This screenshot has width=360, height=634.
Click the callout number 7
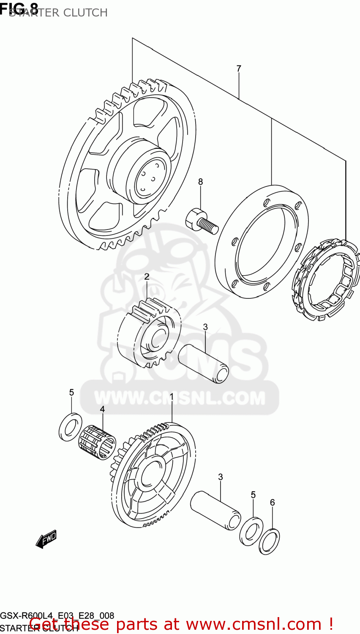tap(239, 68)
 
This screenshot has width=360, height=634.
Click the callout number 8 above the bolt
tap(200, 182)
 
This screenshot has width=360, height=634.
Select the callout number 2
tap(147, 277)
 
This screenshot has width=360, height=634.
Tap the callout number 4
tap(102, 409)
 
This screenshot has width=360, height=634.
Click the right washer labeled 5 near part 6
tap(251, 531)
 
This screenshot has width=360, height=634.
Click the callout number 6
tap(272, 503)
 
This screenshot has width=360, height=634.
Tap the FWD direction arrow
tap(46, 539)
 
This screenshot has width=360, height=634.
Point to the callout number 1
tap(172, 397)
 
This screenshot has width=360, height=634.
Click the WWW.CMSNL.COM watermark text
tap(180, 398)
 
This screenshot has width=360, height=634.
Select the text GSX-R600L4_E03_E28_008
tap(57, 616)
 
